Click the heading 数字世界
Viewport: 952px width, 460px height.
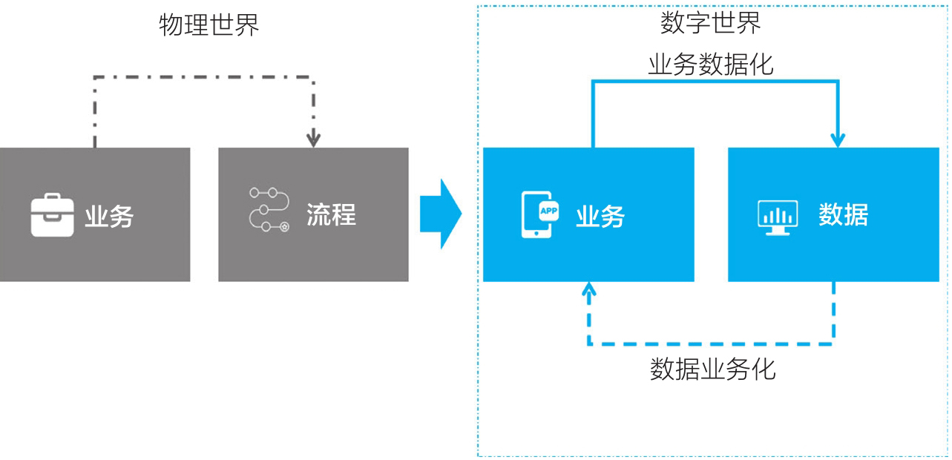(710, 23)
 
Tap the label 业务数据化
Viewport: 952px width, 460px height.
(710, 65)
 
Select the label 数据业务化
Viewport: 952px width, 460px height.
(712, 369)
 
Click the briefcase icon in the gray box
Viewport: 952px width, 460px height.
(52, 215)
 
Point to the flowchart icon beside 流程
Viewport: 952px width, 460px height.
(269, 210)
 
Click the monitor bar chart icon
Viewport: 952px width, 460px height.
(777, 215)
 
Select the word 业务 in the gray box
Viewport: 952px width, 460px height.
(109, 217)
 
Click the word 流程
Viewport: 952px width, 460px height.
(331, 214)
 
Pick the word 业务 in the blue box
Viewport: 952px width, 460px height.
(600, 216)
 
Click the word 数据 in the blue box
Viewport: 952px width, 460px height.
(843, 215)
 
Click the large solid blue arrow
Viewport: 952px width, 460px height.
(441, 214)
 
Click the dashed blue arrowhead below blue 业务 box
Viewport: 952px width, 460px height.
(589, 291)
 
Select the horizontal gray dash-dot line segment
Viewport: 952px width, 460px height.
(204, 76)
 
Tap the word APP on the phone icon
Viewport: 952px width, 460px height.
(548, 210)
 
